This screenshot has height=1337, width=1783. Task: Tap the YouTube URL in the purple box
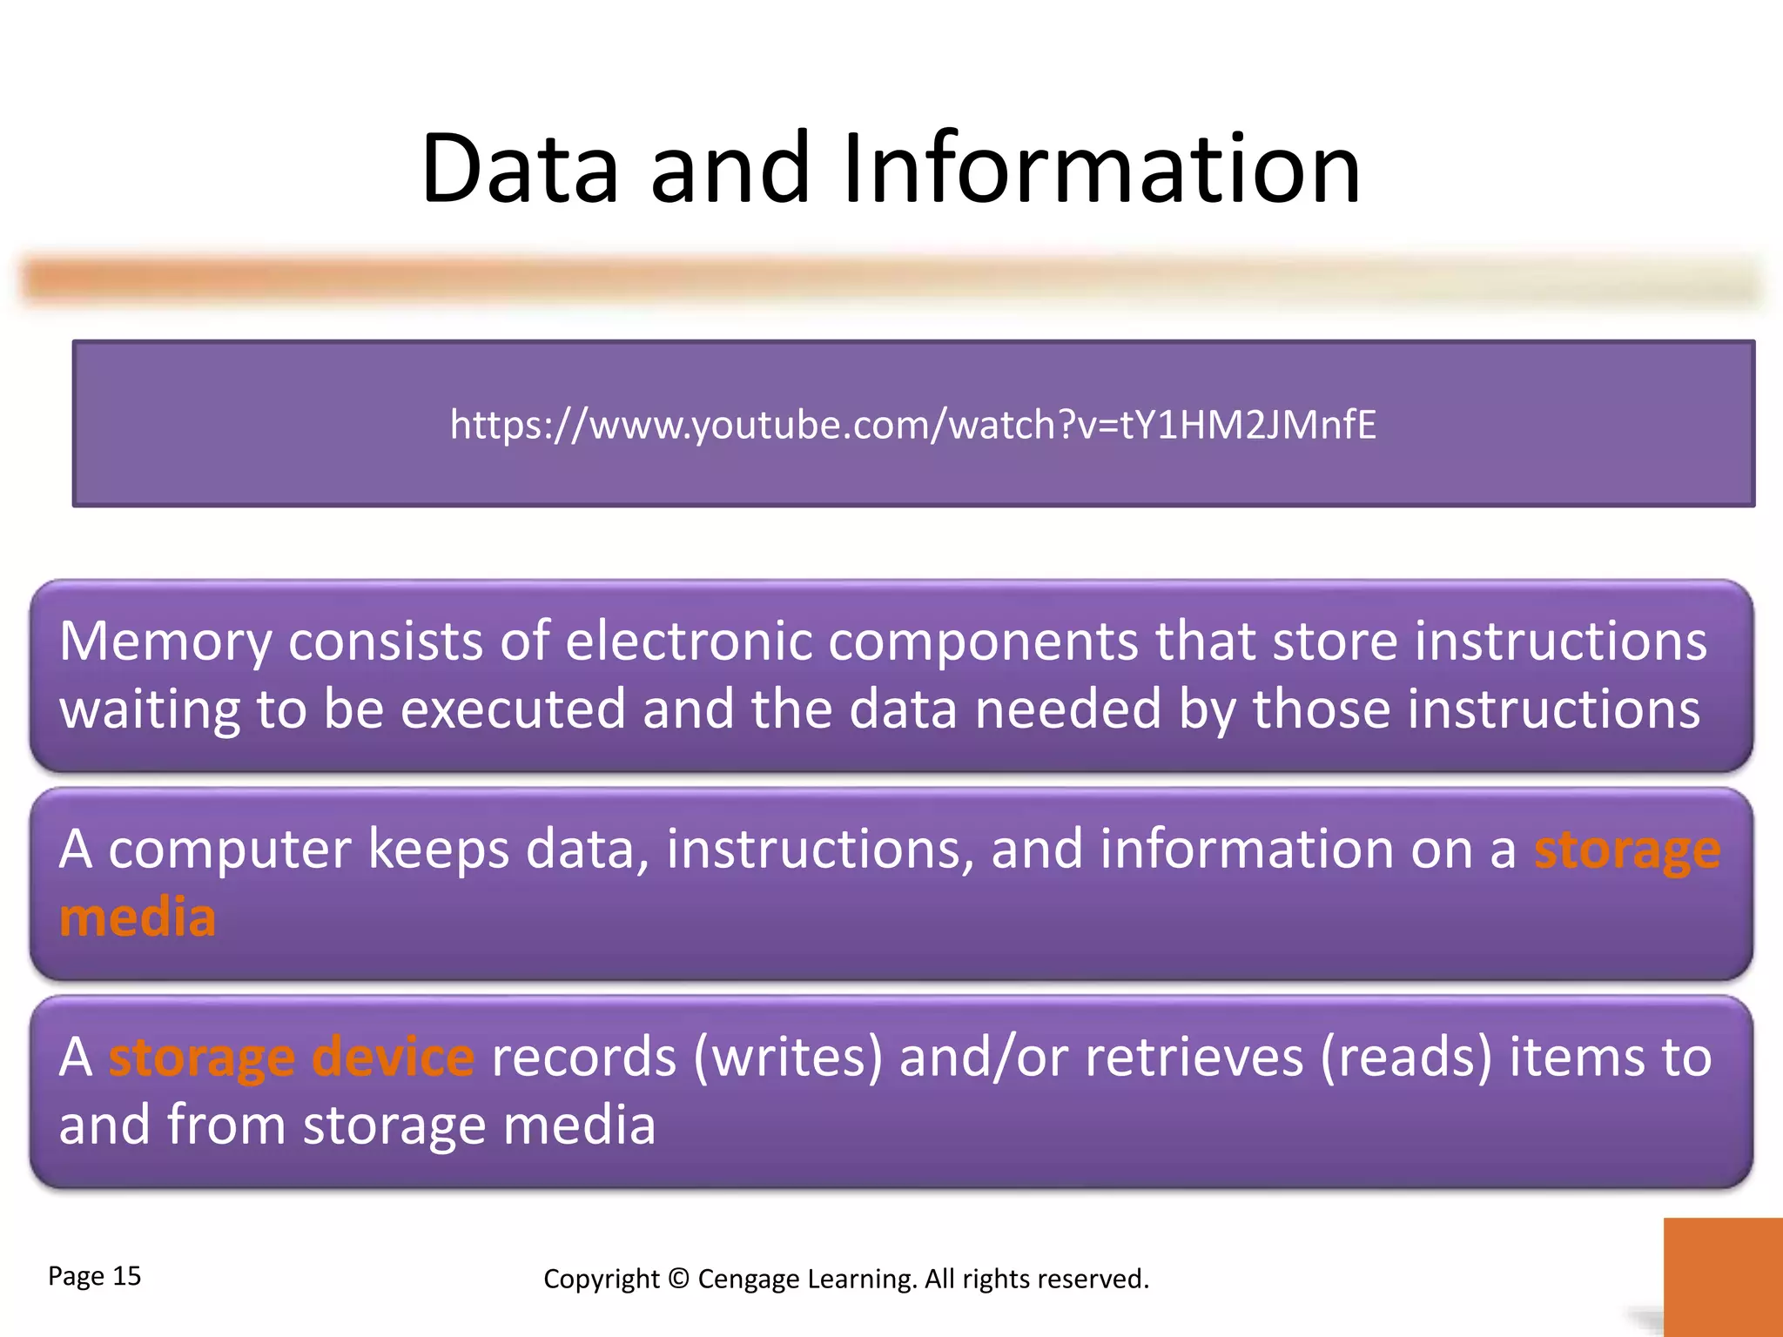point(913,425)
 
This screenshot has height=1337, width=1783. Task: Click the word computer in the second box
point(230,850)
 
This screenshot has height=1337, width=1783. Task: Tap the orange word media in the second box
point(138,917)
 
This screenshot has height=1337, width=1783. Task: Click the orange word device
point(393,1057)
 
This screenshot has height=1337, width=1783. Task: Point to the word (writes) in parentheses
point(788,1057)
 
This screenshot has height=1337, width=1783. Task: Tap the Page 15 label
point(94,1276)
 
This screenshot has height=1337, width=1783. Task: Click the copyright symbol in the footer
point(679,1279)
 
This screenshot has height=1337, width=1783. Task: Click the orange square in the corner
point(1722,1276)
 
